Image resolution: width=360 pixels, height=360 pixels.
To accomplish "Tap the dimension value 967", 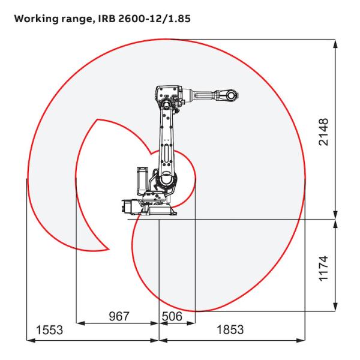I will tap(118, 316).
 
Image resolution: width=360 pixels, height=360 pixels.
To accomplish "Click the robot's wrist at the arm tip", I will tap(230, 94).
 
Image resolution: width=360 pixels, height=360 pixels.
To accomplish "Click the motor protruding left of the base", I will tap(127, 205).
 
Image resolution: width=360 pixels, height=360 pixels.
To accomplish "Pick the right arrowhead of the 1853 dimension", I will tap(304, 340).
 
